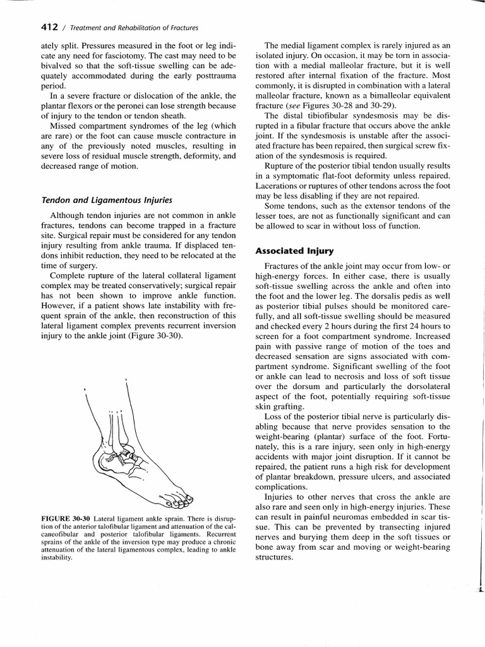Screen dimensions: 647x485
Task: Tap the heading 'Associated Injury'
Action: pos(294,251)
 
